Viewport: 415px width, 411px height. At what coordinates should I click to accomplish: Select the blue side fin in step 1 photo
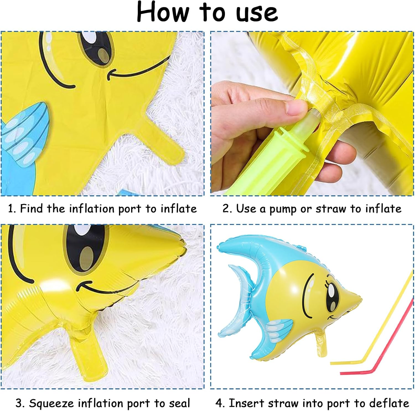tap(25, 136)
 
